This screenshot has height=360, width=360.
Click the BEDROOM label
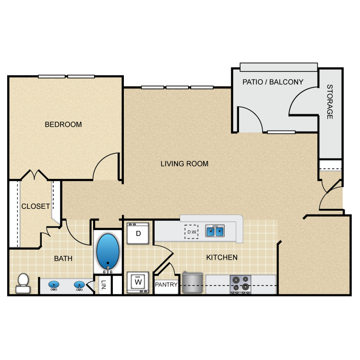(63, 124)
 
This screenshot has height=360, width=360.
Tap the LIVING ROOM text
(184, 164)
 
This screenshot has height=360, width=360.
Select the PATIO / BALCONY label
(273, 82)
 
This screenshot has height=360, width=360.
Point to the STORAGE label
(330, 102)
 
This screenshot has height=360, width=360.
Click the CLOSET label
(36, 206)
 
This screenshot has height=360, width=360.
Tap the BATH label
(63, 258)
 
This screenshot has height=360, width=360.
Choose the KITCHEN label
(222, 257)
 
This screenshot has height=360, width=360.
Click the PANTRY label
(167, 285)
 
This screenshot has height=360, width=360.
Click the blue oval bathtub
(108, 252)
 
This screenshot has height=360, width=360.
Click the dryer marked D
(138, 234)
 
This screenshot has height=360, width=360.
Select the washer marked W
(138, 282)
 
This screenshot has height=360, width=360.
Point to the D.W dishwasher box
(192, 232)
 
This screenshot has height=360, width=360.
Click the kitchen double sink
(215, 231)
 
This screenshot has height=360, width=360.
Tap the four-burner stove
(240, 283)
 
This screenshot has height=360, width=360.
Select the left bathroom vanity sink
(54, 285)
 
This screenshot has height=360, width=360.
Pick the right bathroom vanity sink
(79, 285)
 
